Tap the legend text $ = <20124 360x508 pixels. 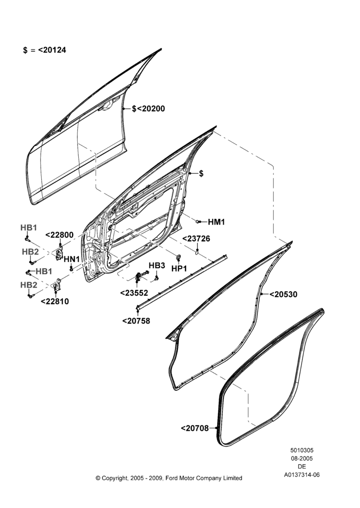tap(44, 50)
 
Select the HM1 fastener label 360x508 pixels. tap(216, 222)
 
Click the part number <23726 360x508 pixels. tap(196, 239)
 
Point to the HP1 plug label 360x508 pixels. tap(179, 269)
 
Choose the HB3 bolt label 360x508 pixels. tap(157, 265)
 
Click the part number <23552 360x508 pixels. tap(134, 293)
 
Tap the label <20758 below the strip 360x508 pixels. tap(136, 321)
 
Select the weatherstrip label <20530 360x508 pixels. tap(283, 294)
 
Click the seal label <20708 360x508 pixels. tap(195, 428)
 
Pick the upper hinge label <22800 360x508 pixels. tap(59, 235)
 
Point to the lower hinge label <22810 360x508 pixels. tap(55, 301)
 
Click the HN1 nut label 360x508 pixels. tap(72, 259)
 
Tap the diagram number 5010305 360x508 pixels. tap(302, 450)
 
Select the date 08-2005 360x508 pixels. tap(302, 458)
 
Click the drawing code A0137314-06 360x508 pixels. tap(302, 474)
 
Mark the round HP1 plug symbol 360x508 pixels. tap(178, 258)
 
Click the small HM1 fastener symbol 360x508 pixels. tap(197, 221)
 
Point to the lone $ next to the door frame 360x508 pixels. tap(201, 174)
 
